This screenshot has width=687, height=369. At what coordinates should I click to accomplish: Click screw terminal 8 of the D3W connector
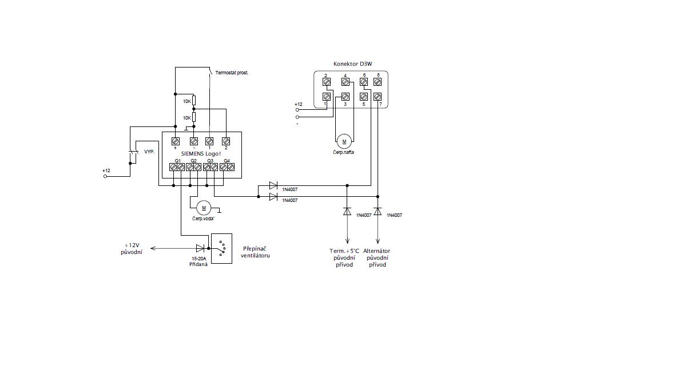[x=378, y=82]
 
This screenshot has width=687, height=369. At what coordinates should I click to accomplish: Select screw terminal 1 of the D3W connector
[x=327, y=97]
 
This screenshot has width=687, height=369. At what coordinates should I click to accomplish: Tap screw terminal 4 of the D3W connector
[x=346, y=82]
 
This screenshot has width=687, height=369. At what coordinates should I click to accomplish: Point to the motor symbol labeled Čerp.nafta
[x=344, y=141]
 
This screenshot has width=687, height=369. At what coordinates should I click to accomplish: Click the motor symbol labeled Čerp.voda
[x=204, y=208]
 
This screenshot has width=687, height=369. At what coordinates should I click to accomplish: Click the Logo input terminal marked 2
[x=225, y=140]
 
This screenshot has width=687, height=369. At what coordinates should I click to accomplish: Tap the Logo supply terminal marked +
[x=176, y=140]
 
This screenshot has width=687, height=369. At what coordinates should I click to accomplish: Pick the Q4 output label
[x=227, y=161]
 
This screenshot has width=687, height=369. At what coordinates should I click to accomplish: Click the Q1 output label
[x=177, y=161]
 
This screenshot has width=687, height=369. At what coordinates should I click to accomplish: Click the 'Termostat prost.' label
[x=232, y=73]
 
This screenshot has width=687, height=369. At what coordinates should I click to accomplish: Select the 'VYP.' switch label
[x=150, y=152]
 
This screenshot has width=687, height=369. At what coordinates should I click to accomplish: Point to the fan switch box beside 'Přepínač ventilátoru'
[x=221, y=248]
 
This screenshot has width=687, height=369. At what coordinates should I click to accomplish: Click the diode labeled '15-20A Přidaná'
[x=200, y=248]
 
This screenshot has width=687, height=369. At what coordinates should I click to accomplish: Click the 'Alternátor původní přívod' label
[x=377, y=258]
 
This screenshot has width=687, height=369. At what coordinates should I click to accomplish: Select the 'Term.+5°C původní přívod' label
[x=345, y=258]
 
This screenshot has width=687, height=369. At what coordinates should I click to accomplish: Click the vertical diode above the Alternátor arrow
[x=378, y=211]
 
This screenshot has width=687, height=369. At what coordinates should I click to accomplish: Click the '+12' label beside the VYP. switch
[x=106, y=170]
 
